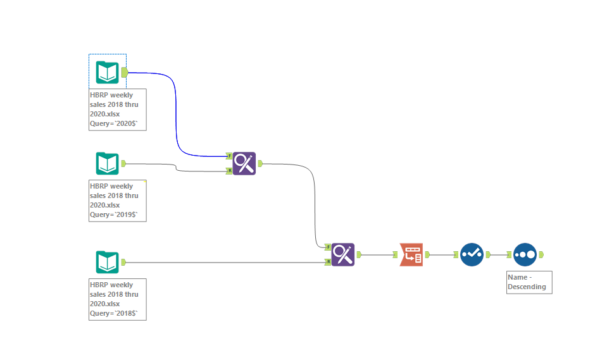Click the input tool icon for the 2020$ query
[107, 72]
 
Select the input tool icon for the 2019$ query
[107, 163]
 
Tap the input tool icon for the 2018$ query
[107, 262]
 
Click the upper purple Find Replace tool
[244, 163]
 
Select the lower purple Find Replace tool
[343, 254]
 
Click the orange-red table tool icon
[411, 254]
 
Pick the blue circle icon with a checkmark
[472, 254]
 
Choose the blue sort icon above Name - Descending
[525, 254]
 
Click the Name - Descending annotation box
[529, 282]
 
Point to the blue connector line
[175, 114]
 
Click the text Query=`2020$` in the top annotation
[113, 123]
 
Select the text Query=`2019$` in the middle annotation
[113, 214]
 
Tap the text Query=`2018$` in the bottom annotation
[113, 313]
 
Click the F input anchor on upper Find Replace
[229, 156]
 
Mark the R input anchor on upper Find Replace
[229, 170]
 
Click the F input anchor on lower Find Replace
[328, 247]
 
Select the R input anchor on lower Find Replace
[328, 261]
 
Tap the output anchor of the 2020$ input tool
[125, 72]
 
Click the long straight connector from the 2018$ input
[222, 262]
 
